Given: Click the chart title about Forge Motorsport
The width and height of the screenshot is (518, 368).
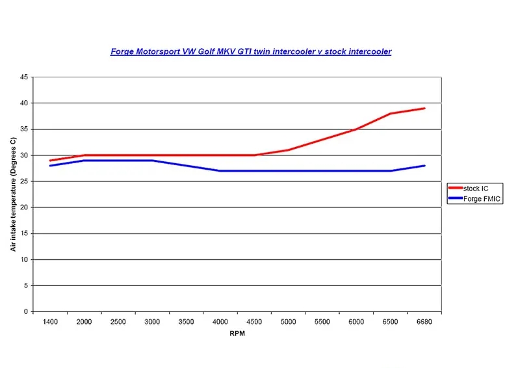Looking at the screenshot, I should pos(251,51).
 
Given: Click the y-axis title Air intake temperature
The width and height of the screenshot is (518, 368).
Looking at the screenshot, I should pos(13,193).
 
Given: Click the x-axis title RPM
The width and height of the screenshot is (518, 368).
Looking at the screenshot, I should pos(237,334).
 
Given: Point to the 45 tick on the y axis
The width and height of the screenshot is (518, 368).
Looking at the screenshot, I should pos(23,77).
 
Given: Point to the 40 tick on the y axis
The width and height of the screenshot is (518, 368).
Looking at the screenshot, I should pos(23,103).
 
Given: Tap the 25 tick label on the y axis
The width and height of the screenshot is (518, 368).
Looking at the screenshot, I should pos(23,181).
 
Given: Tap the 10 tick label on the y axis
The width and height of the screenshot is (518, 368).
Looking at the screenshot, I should pos(23,259).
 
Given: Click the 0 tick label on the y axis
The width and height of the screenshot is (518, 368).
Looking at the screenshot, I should pos(25,311).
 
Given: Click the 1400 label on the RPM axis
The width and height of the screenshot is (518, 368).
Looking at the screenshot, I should pos(50,322).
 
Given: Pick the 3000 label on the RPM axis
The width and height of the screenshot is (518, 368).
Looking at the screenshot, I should pos(152,322).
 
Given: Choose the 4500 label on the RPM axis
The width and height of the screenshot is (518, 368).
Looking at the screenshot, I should pos(254,322).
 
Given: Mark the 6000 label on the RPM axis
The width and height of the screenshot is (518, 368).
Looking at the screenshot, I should pos(356,322).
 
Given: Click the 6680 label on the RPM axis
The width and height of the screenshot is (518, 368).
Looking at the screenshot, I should pos(424,322).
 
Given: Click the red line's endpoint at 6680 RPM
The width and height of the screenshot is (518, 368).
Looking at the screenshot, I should pos(424,109).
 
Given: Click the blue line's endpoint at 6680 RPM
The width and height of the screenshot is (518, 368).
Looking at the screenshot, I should pos(424,166).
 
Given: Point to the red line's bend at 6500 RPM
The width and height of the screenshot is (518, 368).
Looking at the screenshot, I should pos(391,114).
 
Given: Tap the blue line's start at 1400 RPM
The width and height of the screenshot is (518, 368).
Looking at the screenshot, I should pos(50,166).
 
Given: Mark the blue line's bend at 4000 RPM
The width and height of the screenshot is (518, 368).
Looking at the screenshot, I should pos(220,171).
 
